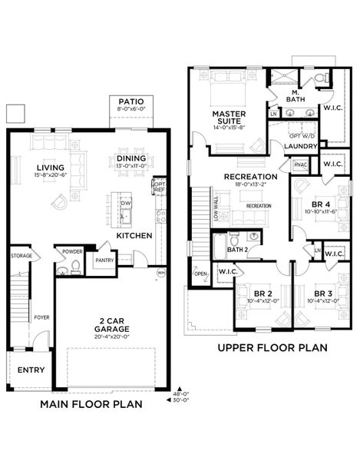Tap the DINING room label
130,158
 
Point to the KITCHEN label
134,235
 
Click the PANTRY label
104,260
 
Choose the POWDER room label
73,251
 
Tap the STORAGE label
21,255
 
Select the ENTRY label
31,370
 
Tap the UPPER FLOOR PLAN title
272,347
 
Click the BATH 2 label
238,250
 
